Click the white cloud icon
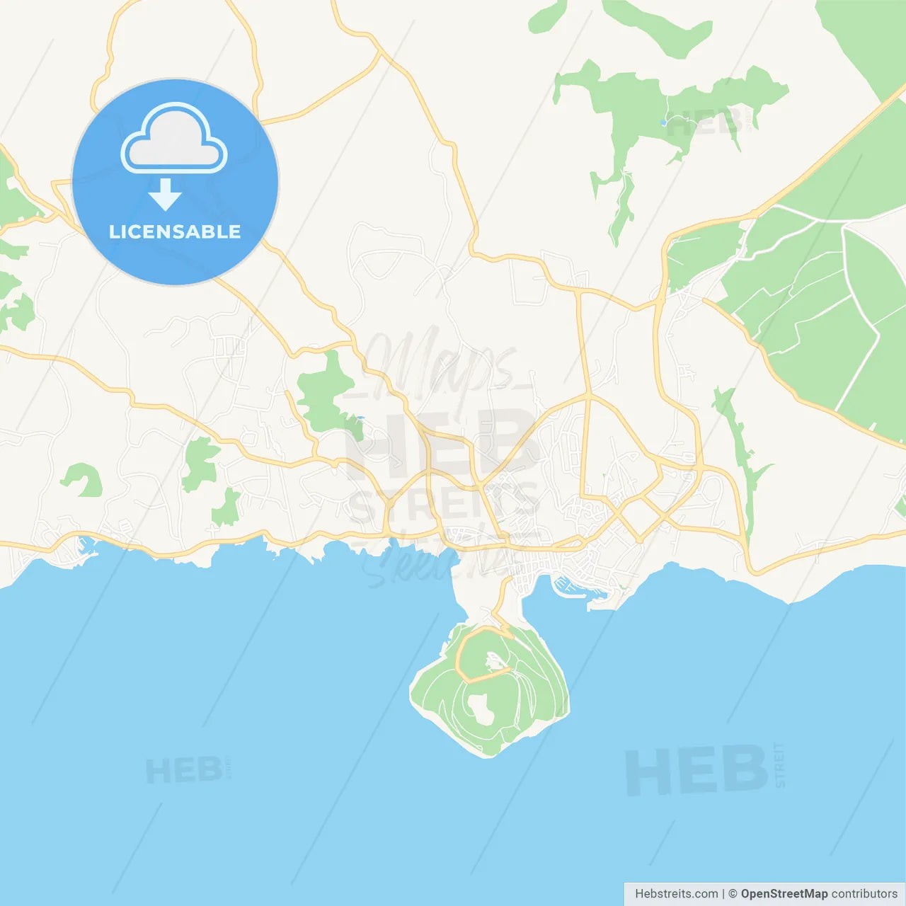tap(174, 139)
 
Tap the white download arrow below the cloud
tap(165, 195)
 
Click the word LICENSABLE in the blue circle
tap(175, 231)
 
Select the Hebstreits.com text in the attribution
tap(676, 894)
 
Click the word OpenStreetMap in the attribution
tap(784, 894)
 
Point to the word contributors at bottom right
tap(864, 894)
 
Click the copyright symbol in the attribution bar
tap(733, 894)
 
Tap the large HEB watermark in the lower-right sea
tap(696, 770)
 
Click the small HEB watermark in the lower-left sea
tap(184, 770)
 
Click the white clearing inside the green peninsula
tap(481, 709)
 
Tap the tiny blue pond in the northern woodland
tap(663, 122)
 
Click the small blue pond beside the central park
tap(360, 418)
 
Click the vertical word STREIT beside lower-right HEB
tap(779, 765)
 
